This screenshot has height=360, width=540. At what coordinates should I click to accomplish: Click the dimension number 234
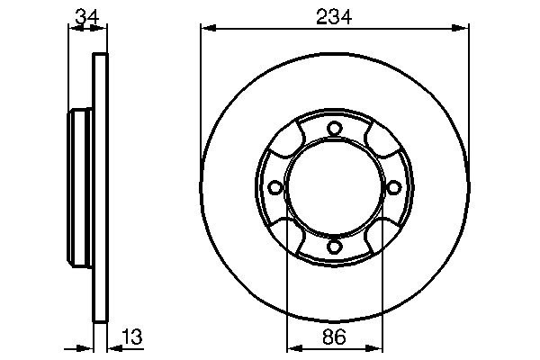pos(334,16)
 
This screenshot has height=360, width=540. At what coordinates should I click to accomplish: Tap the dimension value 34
pos(86,16)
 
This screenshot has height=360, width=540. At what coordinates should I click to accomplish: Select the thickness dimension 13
pos(132,337)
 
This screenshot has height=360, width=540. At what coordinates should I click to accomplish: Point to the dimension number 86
pos(334,337)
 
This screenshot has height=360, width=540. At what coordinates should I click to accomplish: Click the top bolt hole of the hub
pos(334,129)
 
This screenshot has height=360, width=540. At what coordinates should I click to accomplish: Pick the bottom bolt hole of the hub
pos(334,247)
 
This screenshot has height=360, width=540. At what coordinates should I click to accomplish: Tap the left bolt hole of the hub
pos(274,188)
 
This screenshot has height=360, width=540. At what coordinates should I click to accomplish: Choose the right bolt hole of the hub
pos(394,188)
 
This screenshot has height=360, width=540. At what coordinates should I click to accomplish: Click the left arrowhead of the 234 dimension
pos(209,28)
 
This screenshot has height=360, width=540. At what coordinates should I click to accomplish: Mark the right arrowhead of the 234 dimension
pos(461,28)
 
